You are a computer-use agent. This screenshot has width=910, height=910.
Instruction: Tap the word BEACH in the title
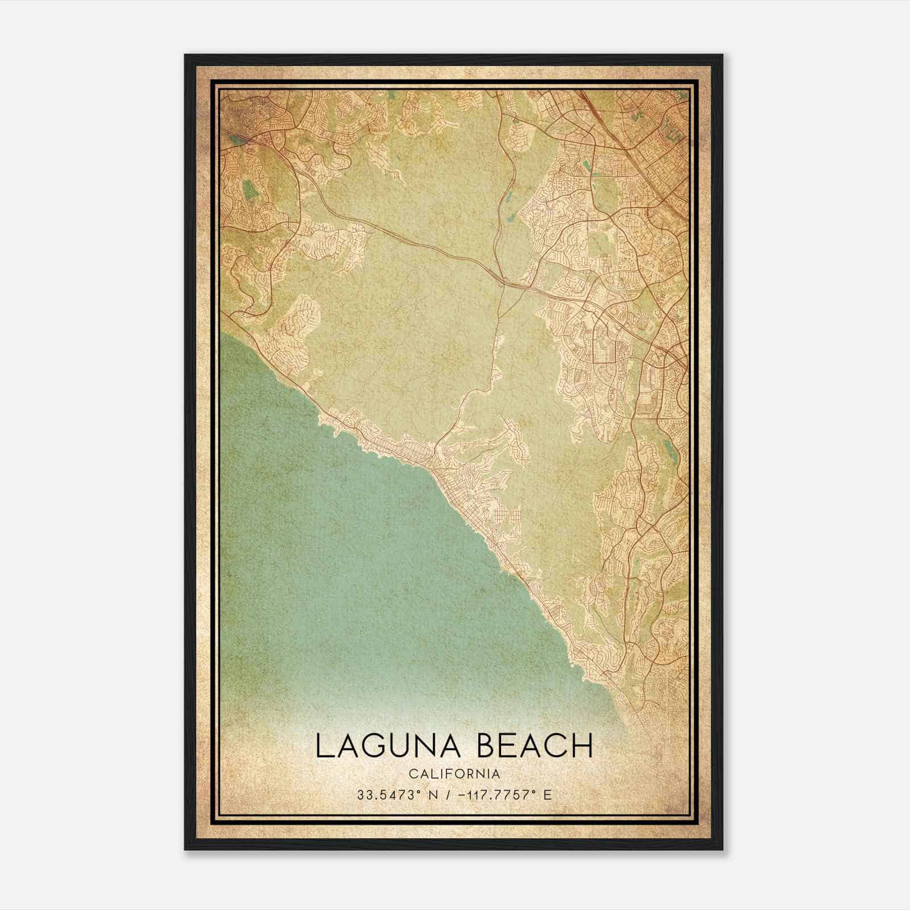point(535,746)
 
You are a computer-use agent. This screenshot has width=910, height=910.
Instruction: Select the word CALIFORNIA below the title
point(454,773)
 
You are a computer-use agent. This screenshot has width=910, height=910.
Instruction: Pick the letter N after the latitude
point(433,795)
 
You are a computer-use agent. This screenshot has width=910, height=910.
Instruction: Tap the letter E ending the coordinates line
point(547,795)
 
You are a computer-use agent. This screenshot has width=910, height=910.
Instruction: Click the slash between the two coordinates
point(448,795)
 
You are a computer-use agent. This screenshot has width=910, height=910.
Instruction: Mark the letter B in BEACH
point(488,746)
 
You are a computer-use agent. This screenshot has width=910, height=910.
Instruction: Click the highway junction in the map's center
point(503,280)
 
